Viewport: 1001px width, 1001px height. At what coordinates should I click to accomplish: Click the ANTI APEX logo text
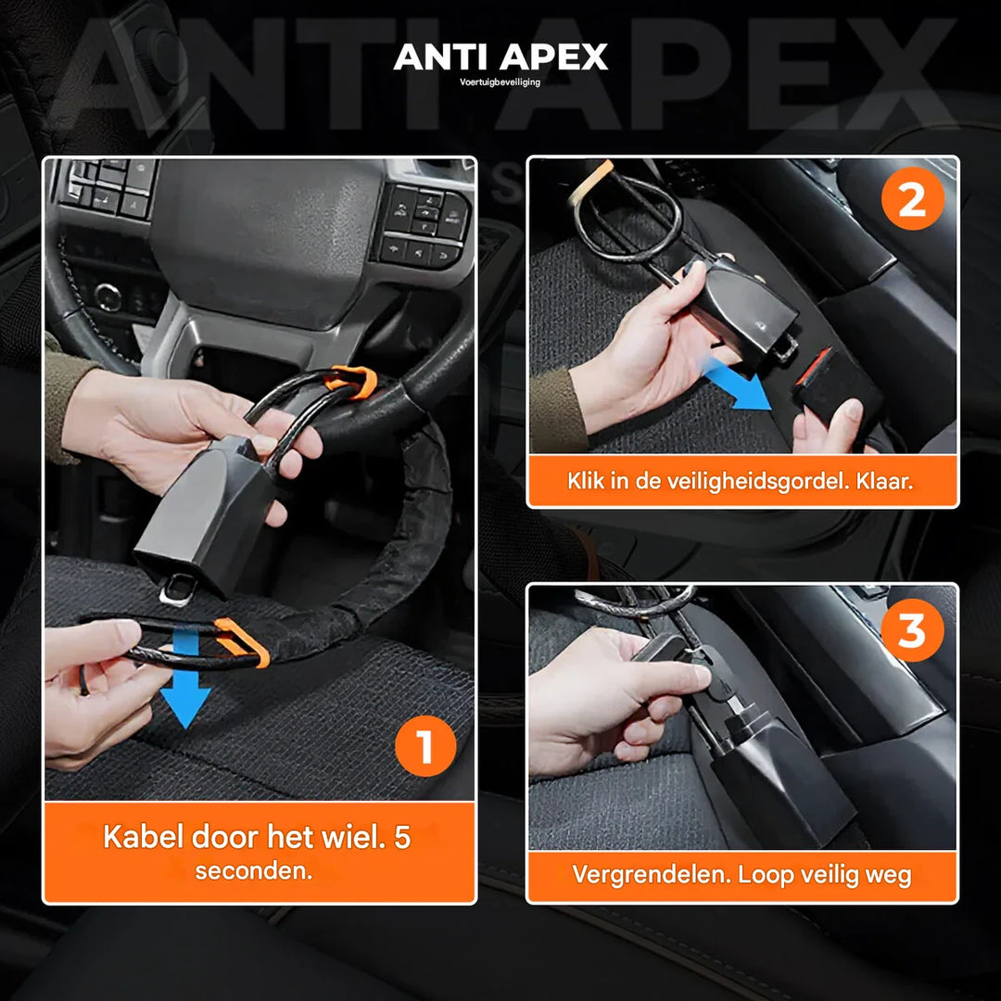point(500,57)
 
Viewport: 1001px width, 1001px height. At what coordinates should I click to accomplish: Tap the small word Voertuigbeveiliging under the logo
point(500,82)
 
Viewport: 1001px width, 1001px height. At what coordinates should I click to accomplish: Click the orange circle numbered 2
point(912,201)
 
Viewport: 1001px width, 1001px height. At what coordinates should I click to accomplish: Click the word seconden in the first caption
point(253,872)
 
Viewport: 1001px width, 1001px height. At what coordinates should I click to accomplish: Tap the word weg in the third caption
point(892,874)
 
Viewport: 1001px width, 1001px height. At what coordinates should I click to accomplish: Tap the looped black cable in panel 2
point(630,218)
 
